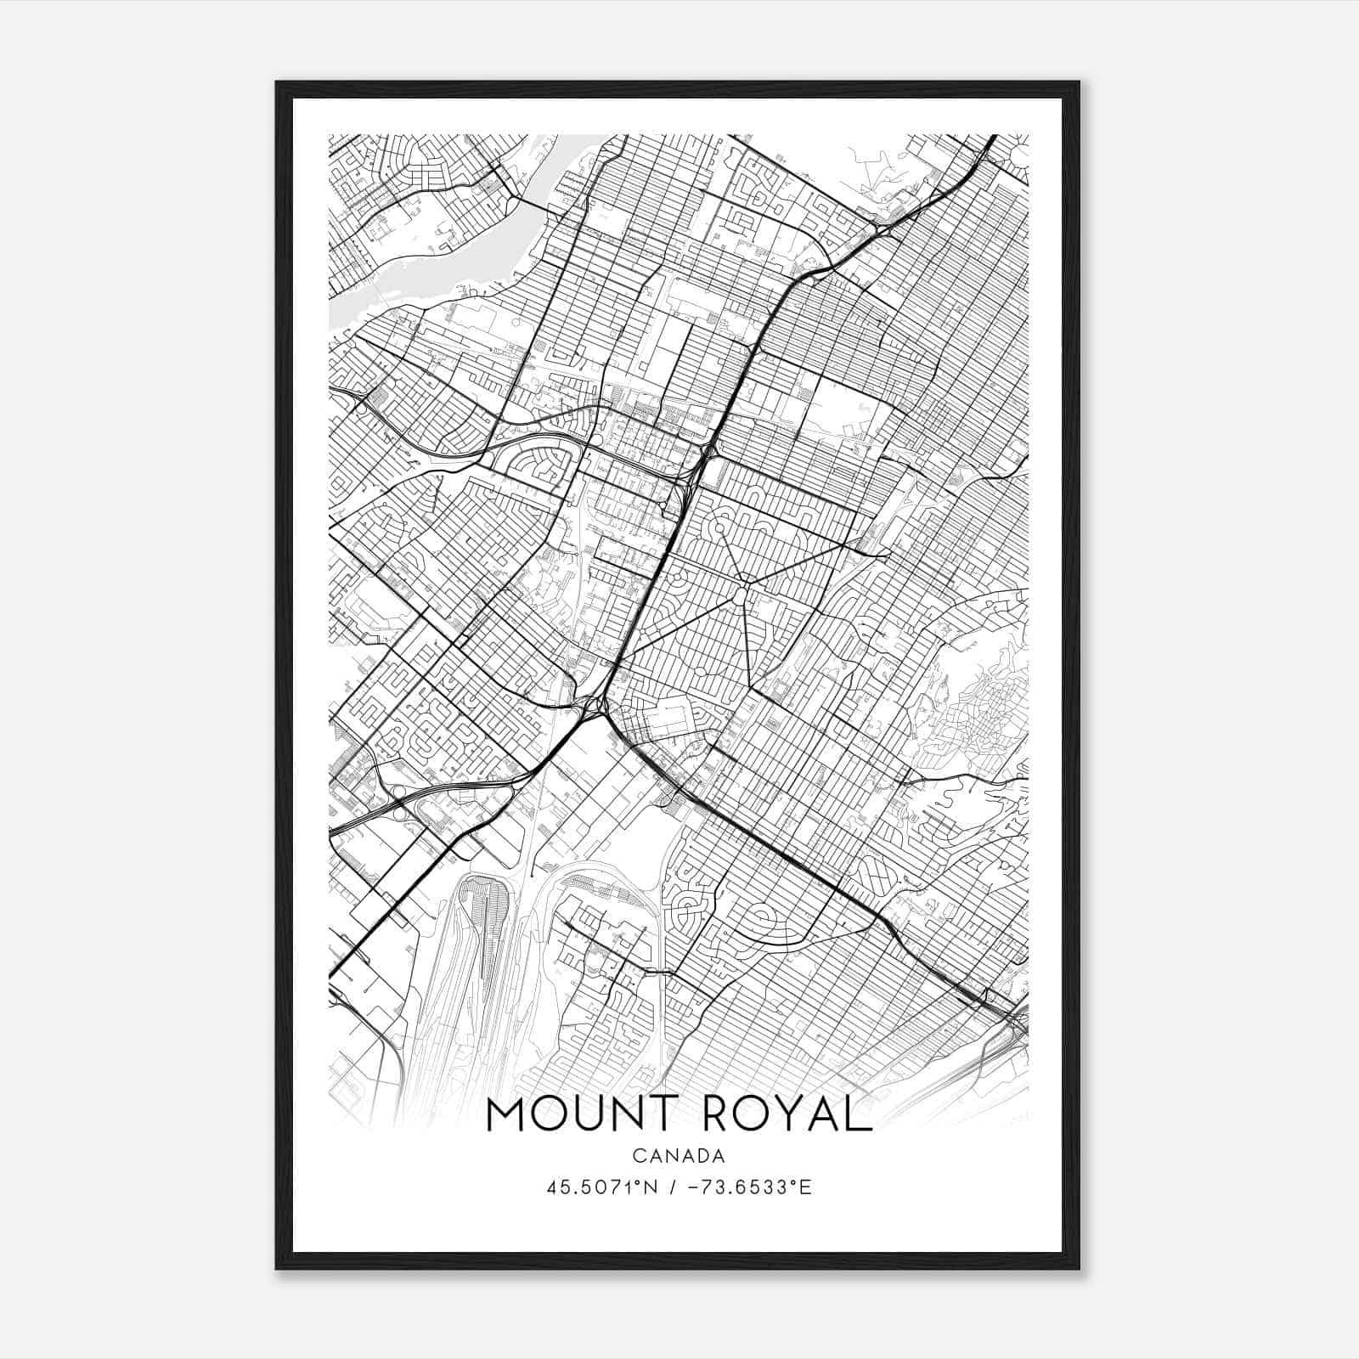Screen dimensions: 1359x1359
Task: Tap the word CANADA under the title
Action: click(678, 1156)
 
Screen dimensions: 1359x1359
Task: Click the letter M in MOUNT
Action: click(507, 1115)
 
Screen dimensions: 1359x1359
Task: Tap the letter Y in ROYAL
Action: click(792, 1115)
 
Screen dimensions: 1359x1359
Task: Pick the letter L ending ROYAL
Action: click(858, 1115)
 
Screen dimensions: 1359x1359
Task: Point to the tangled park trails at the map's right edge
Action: click(977, 713)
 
